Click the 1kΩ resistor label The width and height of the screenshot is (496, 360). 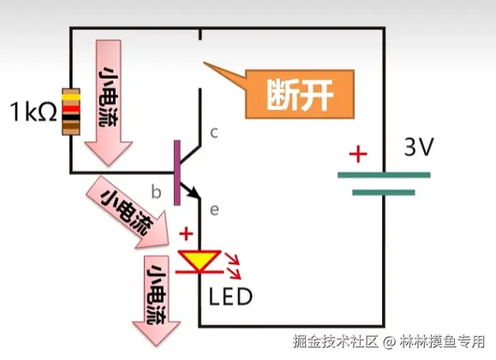coord(33,111)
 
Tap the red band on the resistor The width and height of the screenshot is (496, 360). coord(71,109)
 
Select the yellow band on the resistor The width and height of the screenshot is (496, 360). coord(71,97)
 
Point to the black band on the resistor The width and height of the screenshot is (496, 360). coord(71,117)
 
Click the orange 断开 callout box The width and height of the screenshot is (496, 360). coord(300,94)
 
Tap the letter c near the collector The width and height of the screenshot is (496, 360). coord(214,133)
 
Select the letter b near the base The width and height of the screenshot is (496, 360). coord(156,191)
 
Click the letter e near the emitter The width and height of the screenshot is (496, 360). coord(214,210)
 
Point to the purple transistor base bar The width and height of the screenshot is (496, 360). coord(177,172)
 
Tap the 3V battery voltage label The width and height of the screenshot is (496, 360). coord(419,147)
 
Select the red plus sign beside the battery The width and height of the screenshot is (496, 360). coord(358,154)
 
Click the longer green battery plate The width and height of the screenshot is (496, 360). coord(384,175)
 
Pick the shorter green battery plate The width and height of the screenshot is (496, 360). coord(384,193)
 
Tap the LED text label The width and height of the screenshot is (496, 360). coord(230,297)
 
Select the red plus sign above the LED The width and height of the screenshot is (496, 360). coord(186,234)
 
